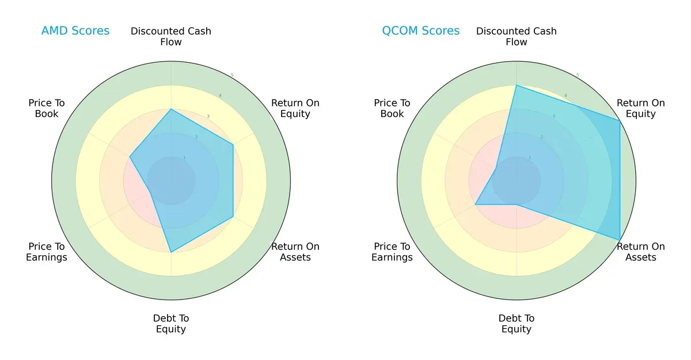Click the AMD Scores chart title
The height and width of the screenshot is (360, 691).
[75, 31]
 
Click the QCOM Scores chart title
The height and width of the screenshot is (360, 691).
[420, 31]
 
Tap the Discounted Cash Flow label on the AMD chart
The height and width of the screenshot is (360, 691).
[171, 36]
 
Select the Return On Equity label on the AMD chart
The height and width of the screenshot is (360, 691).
[295, 108]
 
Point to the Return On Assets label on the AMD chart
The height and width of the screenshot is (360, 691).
[295, 252]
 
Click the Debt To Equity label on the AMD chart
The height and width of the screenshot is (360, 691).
[171, 324]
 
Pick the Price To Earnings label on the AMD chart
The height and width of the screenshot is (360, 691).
[47, 252]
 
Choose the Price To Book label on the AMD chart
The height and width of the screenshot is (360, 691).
[47, 108]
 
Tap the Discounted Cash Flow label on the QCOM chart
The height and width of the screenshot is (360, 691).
[517, 36]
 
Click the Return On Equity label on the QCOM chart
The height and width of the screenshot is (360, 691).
[640, 108]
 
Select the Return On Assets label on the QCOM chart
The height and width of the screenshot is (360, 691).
[640, 252]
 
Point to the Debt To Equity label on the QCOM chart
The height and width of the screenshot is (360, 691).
[517, 324]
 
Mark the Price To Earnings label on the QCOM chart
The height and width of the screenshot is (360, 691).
[392, 252]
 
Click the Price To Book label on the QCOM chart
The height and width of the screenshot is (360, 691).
[392, 108]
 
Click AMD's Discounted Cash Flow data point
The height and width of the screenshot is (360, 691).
[171, 109]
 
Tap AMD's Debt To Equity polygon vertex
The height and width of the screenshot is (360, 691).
[171, 252]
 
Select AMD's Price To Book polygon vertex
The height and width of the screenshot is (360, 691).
[130, 157]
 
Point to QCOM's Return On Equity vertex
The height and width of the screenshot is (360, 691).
[620, 120]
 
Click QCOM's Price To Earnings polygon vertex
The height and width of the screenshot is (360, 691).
[475, 204]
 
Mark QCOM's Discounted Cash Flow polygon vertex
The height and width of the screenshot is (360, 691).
[517, 85]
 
